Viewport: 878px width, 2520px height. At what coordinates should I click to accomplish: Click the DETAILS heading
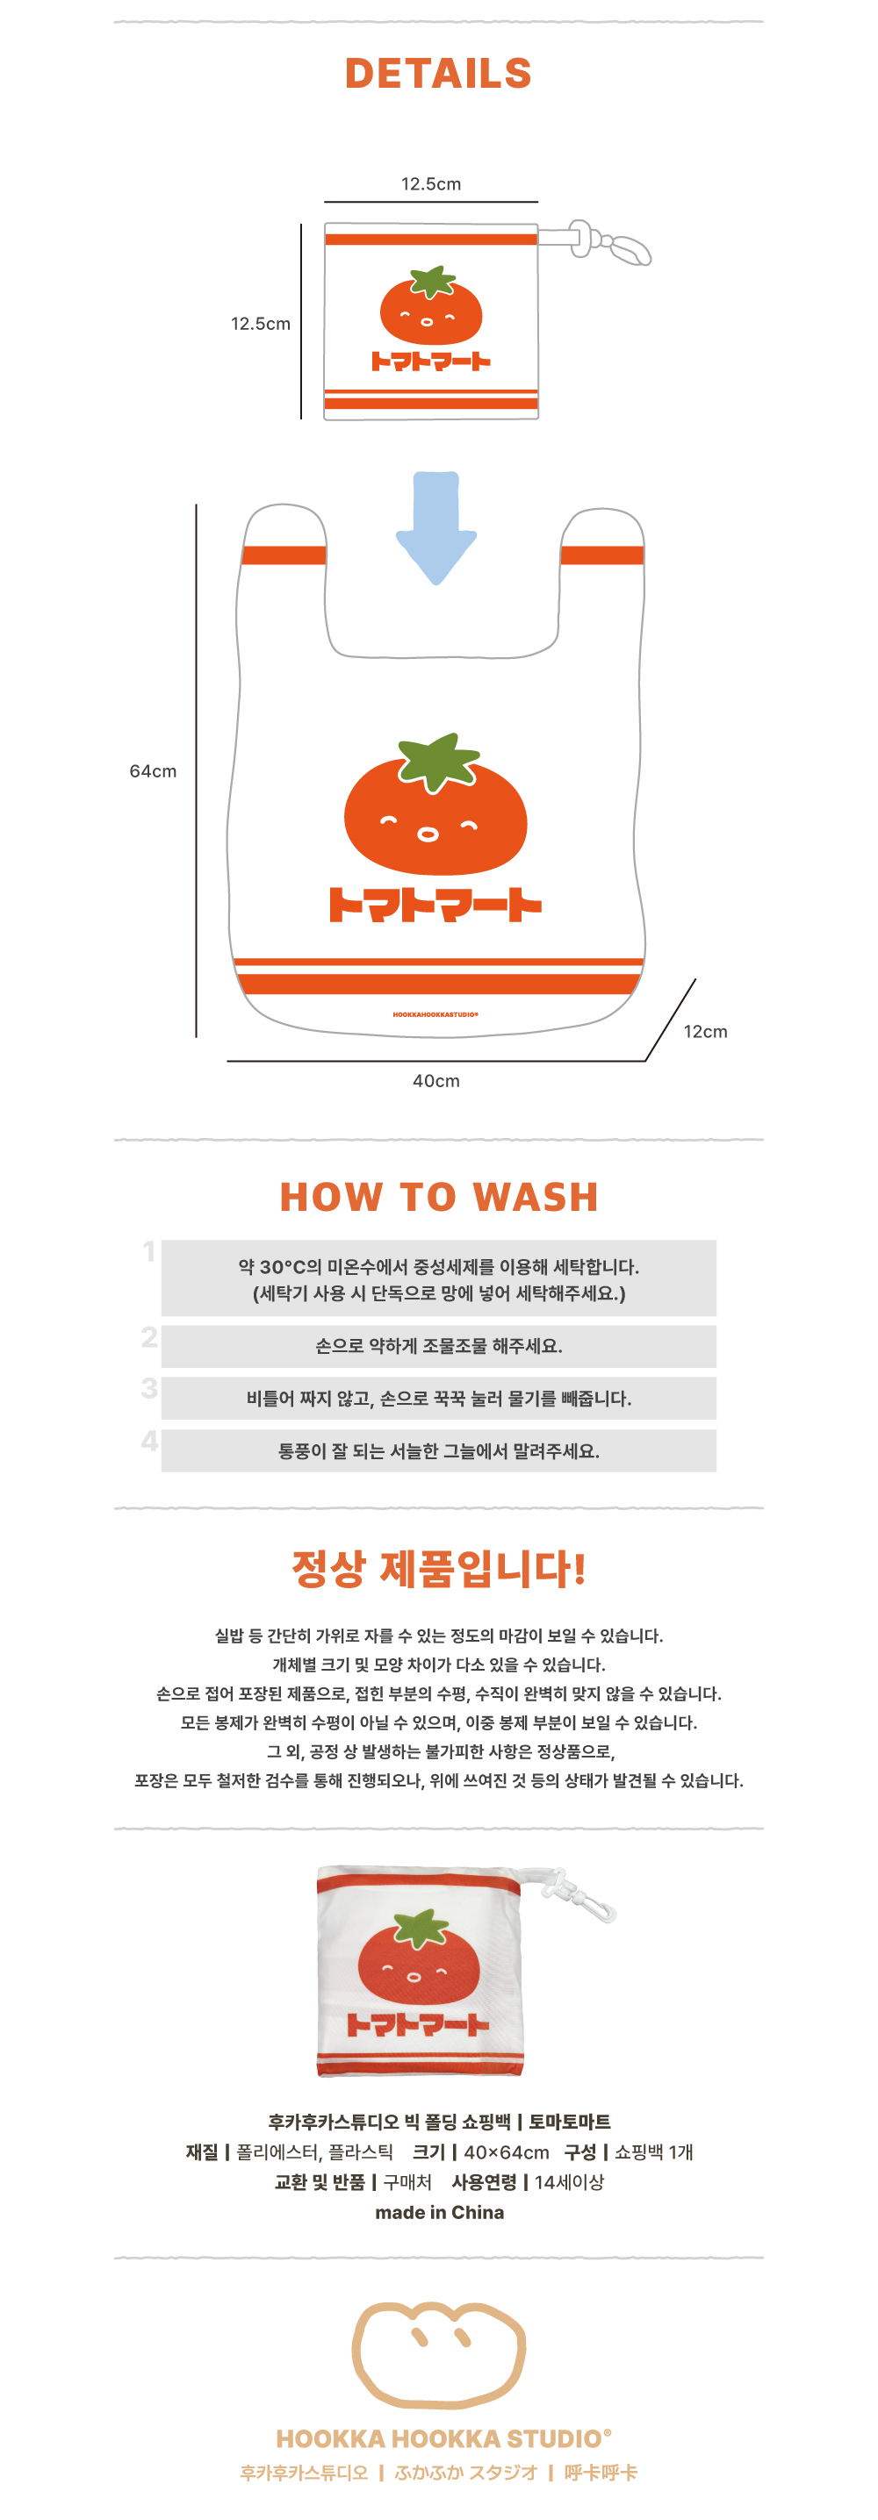coord(437,74)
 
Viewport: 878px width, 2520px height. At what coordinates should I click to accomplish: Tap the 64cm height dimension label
coord(153,771)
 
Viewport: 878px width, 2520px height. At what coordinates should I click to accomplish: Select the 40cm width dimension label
coord(435,1081)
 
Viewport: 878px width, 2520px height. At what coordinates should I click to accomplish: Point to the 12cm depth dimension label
coord(705,1031)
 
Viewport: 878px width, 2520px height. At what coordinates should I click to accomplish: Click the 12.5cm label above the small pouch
coord(431,184)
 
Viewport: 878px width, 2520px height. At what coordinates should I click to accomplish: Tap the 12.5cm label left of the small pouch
coord(261,324)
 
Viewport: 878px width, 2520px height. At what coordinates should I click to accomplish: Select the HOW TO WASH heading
coord(438,1197)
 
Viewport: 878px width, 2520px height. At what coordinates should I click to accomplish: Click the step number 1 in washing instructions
coord(148,1251)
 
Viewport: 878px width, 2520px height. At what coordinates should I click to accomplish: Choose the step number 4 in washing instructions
coord(148,1440)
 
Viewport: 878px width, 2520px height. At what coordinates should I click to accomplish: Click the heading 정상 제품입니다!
coord(438,1568)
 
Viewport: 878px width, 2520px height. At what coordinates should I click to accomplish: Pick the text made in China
coord(440,2212)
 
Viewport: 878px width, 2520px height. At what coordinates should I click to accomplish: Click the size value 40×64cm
coord(506,2152)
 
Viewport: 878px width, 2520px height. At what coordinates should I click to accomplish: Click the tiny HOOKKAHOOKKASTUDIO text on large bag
coord(435,1014)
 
